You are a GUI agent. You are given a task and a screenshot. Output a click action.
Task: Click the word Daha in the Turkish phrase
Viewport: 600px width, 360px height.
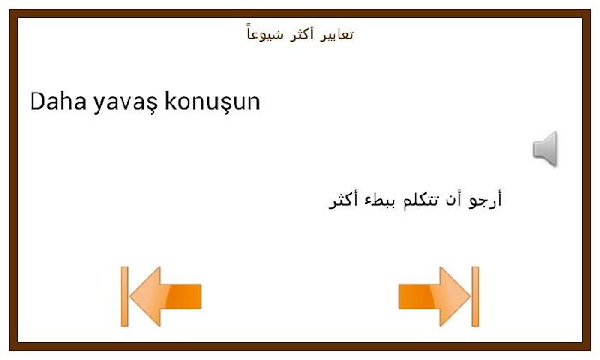57,101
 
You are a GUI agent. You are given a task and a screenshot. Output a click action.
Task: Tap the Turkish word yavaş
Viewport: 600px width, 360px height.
125,104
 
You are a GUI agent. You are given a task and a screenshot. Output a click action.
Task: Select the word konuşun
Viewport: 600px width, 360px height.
213,103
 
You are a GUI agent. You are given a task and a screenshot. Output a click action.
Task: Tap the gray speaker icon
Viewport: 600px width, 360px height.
545,149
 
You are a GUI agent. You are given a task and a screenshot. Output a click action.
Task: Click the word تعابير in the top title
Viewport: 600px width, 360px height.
336,34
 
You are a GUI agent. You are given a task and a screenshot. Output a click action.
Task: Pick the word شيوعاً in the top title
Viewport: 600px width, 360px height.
265,33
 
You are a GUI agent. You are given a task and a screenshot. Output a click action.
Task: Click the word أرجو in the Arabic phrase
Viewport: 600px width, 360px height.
485,200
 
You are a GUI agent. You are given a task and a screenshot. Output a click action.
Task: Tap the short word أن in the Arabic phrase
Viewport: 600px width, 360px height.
453,199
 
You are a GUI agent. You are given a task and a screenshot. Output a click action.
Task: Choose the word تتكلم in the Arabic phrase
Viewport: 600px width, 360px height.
420,200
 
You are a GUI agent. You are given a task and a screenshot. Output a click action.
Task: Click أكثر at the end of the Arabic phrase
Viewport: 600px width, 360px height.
343,201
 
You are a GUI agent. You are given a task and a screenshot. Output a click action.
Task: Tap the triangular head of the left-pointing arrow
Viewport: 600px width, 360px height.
147,297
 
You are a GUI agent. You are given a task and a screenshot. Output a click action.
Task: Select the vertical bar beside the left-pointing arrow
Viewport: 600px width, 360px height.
124,297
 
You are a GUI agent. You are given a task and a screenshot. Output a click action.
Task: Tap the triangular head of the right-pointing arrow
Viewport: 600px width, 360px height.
453,297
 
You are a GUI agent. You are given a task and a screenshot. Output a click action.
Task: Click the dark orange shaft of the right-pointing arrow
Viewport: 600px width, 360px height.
416,297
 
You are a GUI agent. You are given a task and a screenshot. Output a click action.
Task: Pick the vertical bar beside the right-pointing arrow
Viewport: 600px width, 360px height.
476,297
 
